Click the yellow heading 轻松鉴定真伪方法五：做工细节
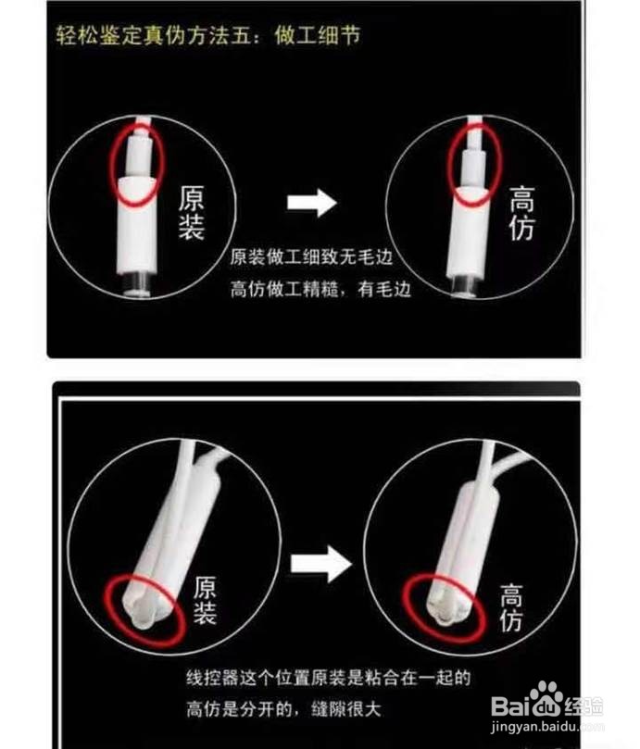point(207,35)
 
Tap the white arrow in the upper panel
point(311,203)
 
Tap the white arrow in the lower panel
point(321,564)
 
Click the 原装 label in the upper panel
point(191,213)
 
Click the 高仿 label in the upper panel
point(521,213)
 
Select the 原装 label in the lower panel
point(205,601)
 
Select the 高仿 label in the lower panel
point(511,607)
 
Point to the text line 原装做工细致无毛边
point(311,257)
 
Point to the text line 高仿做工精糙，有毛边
point(320,289)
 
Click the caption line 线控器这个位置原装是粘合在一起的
point(329,678)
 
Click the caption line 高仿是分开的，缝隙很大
point(284,709)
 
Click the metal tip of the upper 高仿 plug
point(463,287)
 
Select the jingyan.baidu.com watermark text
point(547,727)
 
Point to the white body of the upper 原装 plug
point(137,224)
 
